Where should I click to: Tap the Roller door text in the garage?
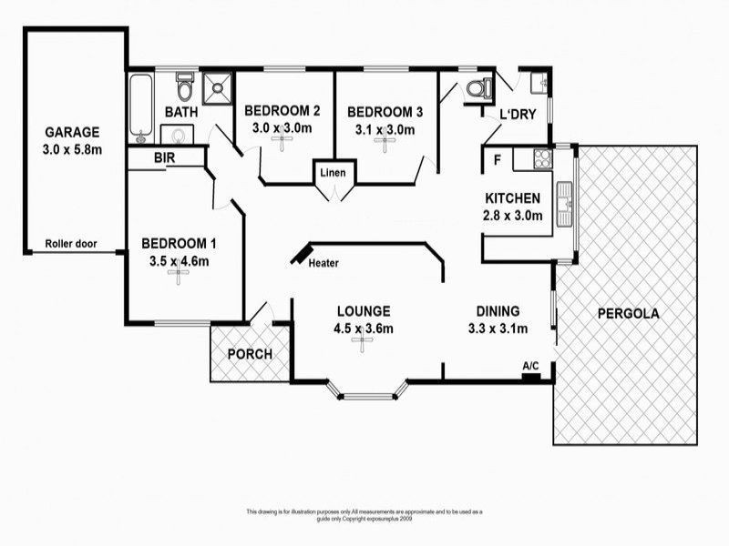point(83,244)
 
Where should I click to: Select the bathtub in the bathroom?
point(140,107)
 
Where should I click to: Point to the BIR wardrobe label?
point(165,158)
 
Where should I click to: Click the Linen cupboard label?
point(332,173)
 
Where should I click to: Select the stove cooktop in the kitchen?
point(541,158)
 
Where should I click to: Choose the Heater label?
point(323,264)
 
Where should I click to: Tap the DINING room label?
point(497,309)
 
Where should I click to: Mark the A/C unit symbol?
point(530,373)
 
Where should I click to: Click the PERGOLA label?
point(629,314)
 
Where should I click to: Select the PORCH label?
point(250,354)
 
